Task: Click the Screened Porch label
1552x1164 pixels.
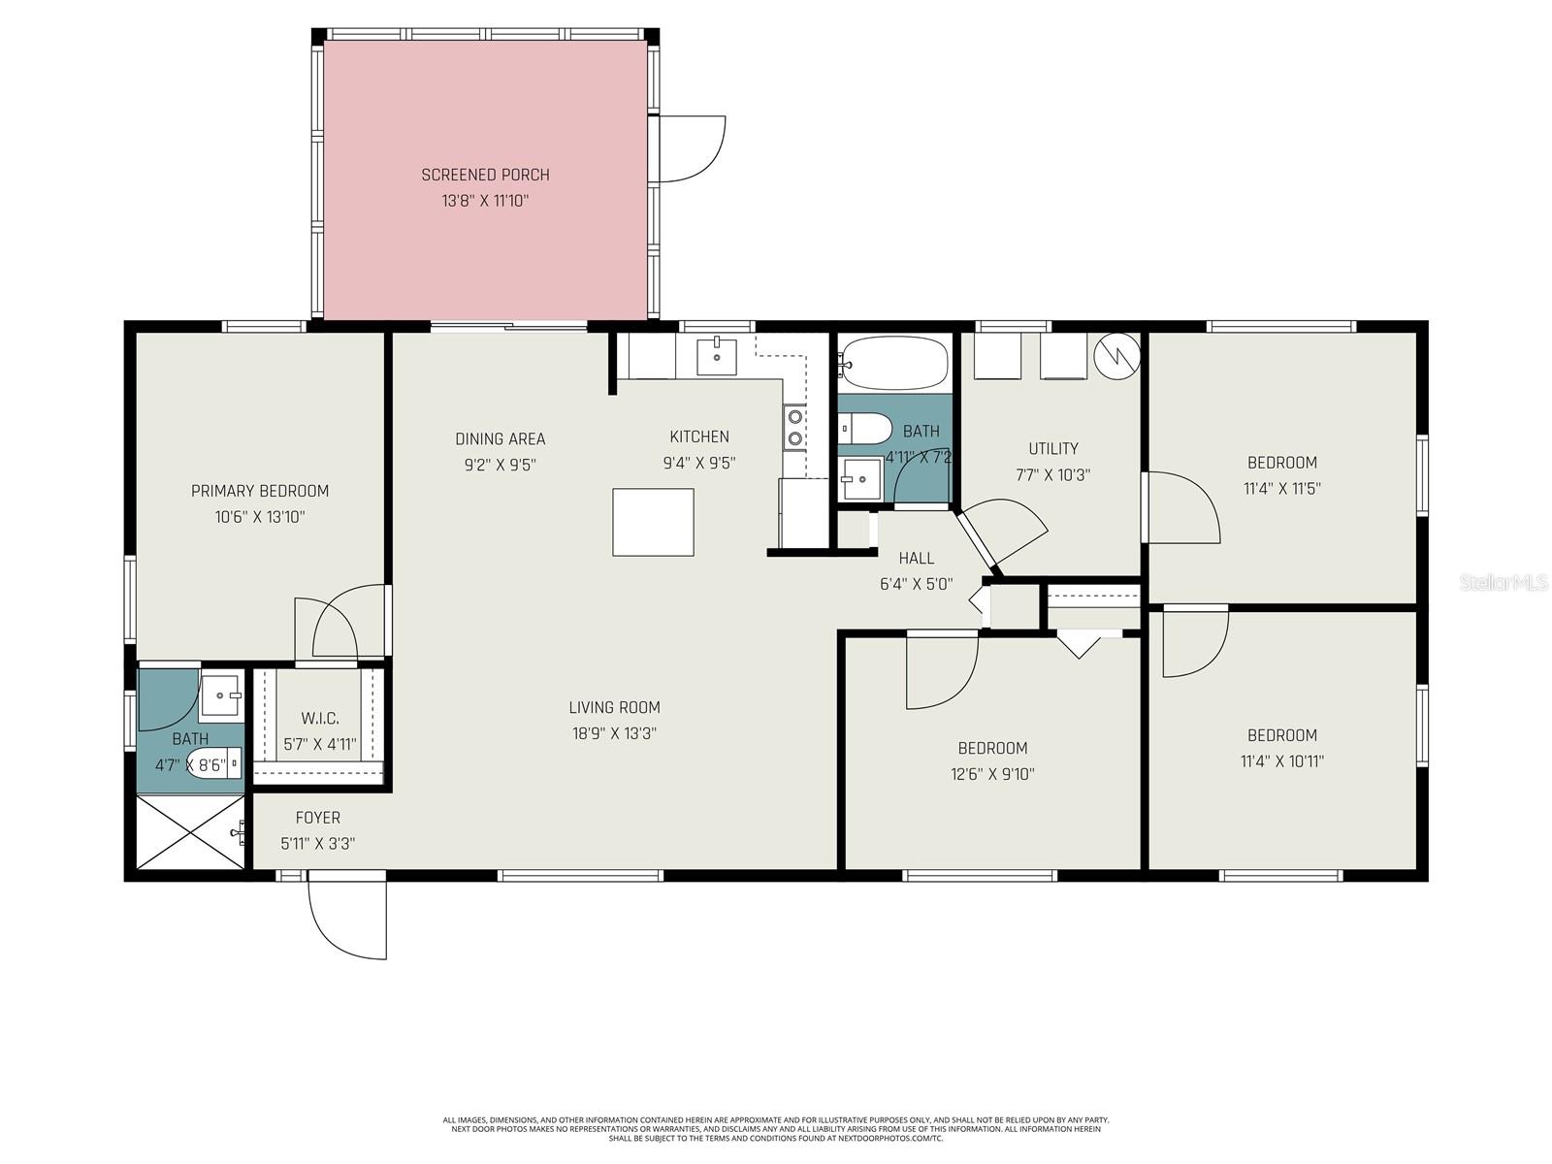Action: (485, 175)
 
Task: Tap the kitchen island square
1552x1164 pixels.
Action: (653, 522)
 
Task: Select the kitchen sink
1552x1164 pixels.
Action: (717, 357)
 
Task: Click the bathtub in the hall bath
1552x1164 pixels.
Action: (892, 364)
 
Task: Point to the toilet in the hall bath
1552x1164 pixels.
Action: (864, 427)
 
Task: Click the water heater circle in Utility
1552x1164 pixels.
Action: (1115, 355)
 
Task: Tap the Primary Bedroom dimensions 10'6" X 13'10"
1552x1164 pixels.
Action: (260, 517)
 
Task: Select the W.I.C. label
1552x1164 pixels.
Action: (319, 719)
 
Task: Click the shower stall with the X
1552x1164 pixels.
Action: (190, 831)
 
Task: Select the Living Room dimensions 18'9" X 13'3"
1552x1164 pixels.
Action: (614, 733)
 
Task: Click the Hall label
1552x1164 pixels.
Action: (916, 558)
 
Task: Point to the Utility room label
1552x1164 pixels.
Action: (1052, 448)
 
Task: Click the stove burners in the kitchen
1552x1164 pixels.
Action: (795, 428)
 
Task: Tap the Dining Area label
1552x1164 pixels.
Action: (500, 438)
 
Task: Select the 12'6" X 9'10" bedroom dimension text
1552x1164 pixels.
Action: (992, 774)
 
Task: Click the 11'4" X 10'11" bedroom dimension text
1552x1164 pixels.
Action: (1281, 761)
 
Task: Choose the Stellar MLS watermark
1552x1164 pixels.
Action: (1503, 583)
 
